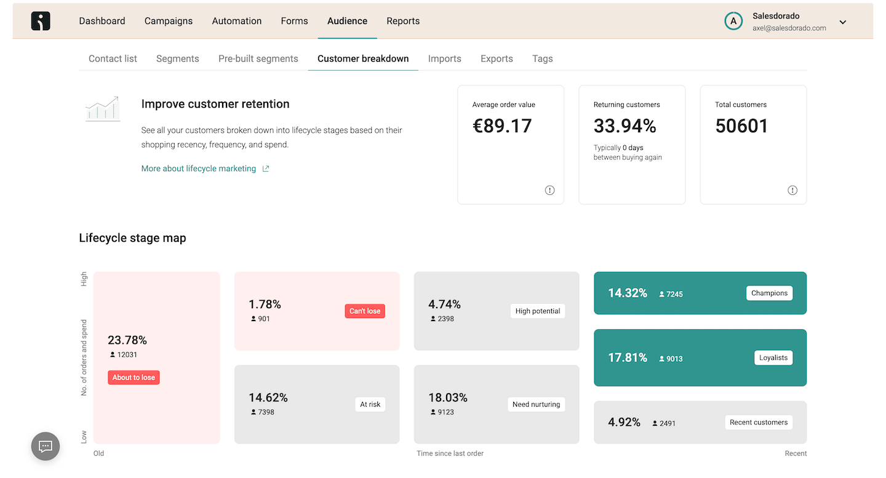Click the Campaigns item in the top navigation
coord(169,21)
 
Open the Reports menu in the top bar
coord(403,21)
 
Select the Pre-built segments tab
coord(258,58)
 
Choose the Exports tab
coord(497,58)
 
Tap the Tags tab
coord(542,59)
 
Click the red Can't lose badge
coord(365,311)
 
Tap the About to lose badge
coord(134,378)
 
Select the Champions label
coord(769,293)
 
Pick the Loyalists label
coord(773,358)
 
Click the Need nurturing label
coord(537,404)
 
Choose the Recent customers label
coord(759,422)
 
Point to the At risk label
coord(370,404)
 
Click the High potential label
coord(538,311)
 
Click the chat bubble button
coord(46,447)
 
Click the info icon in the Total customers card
coord(792,190)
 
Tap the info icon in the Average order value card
coord(549,190)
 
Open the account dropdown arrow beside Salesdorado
coord(843,22)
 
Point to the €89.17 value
coord(502,126)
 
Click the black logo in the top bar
coord(41,21)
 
